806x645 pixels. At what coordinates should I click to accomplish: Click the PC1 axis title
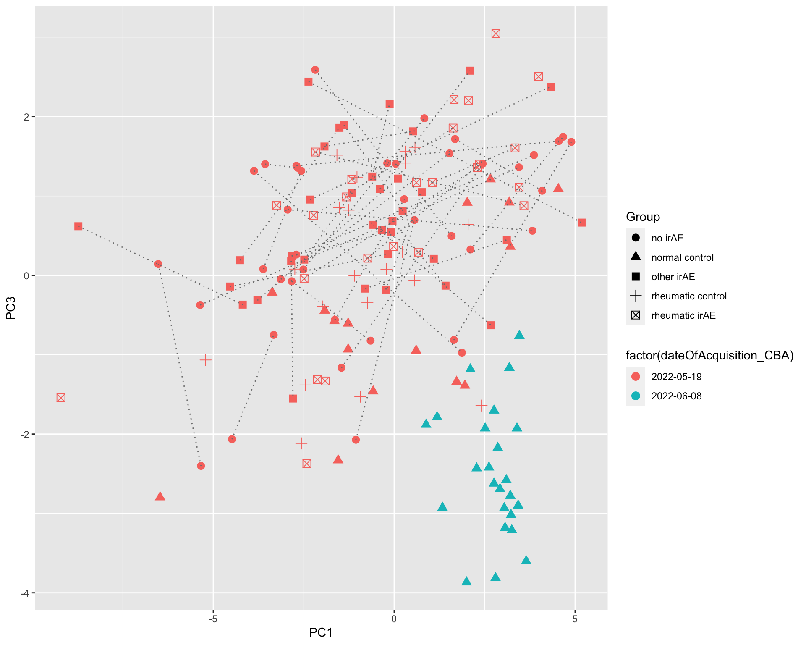click(321, 632)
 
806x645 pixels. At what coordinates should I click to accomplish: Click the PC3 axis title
click(11, 308)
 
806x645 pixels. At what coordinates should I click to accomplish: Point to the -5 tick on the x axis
click(213, 619)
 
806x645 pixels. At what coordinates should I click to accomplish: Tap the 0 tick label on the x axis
click(394, 619)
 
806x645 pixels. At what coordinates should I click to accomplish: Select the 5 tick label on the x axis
click(575, 619)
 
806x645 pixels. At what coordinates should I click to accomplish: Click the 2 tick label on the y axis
click(26, 117)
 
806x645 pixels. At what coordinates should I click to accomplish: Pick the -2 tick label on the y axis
click(25, 434)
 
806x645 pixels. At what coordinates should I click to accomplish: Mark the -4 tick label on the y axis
click(25, 593)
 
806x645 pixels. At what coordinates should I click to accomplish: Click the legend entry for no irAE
click(667, 238)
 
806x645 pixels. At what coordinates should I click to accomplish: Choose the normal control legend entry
click(682, 257)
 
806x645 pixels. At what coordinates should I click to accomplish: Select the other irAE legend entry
click(673, 277)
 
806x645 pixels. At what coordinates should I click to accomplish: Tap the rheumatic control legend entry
click(688, 296)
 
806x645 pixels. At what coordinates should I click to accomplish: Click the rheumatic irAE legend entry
click(683, 315)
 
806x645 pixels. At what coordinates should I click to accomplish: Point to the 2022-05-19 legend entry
click(676, 377)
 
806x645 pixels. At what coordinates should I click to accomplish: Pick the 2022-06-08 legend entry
click(676, 396)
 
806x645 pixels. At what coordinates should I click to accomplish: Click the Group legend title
click(643, 217)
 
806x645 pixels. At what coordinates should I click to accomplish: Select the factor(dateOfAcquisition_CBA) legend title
click(709, 356)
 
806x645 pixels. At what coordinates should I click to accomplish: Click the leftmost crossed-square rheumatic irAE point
click(61, 398)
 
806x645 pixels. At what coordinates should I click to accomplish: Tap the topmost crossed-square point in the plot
click(496, 34)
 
